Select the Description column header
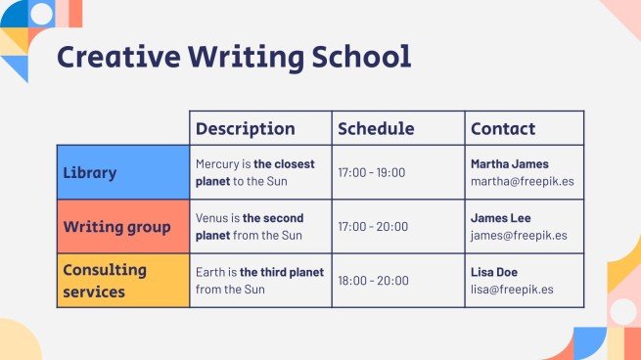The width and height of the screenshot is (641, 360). coord(245,128)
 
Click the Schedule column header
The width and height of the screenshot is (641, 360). coord(376,128)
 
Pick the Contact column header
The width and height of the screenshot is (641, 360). coord(503,128)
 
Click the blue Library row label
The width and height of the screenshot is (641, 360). coord(90,173)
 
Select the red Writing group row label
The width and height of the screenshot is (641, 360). coord(116,227)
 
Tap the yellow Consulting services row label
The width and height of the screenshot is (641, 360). coord(104,280)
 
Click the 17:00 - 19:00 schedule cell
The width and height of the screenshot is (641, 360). coord(372,173)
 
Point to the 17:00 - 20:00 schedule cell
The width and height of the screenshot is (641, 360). coord(373,227)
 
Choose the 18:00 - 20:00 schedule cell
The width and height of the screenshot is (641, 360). coord(373,281)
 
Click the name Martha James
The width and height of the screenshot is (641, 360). coord(510,163)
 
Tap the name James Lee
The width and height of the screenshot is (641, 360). coord(501,218)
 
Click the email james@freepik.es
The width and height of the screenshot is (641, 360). coord(519,236)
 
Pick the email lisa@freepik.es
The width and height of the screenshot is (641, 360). coord(512,290)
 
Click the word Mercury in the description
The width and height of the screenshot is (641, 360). coord(217,164)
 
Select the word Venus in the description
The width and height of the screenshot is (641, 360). coord(211,218)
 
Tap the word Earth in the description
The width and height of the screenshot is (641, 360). coord(209,271)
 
